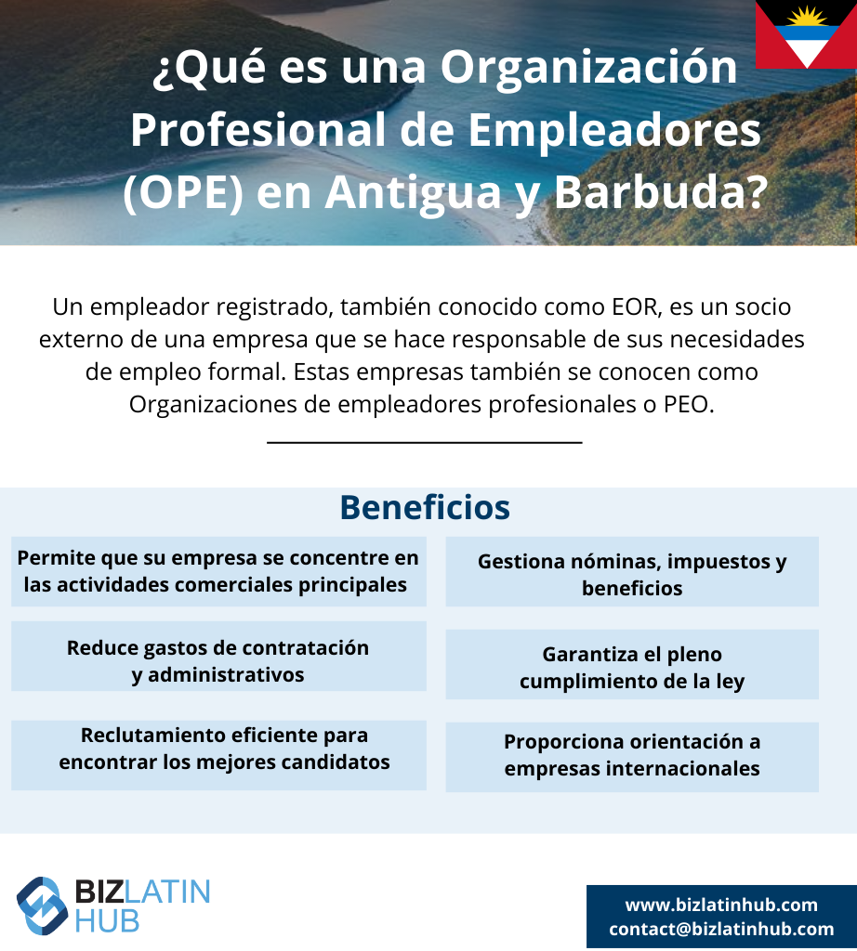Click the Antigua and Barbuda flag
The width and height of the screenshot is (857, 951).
pyautogui.click(x=806, y=34)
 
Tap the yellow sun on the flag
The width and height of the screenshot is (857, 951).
pyautogui.click(x=806, y=17)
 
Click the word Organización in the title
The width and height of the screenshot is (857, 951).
pyautogui.click(x=588, y=67)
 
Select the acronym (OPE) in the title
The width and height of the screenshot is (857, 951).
pyautogui.click(x=183, y=191)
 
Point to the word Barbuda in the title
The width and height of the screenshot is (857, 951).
pyautogui.click(x=661, y=191)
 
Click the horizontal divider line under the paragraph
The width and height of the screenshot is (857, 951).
pyautogui.click(x=424, y=442)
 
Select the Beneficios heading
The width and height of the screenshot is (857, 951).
pyautogui.click(x=425, y=507)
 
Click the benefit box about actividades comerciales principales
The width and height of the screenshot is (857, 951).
pyautogui.click(x=218, y=571)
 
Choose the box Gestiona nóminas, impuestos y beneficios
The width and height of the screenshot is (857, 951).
pyautogui.click(x=632, y=571)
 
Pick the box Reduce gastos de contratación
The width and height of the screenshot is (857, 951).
pyautogui.click(x=218, y=657)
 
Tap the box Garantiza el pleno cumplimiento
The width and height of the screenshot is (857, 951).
pyautogui.click(x=632, y=664)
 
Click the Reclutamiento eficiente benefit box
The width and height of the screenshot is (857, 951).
pyautogui.click(x=218, y=755)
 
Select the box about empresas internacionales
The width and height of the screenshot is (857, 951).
pyautogui.click(x=632, y=757)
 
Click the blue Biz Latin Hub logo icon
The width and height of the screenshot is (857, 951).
pyautogui.click(x=42, y=905)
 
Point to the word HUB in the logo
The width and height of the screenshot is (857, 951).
pyautogui.click(x=107, y=920)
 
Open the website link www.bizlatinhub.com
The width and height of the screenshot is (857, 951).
pyautogui.click(x=721, y=905)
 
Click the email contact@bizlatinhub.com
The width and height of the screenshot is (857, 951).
pyautogui.click(x=721, y=929)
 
